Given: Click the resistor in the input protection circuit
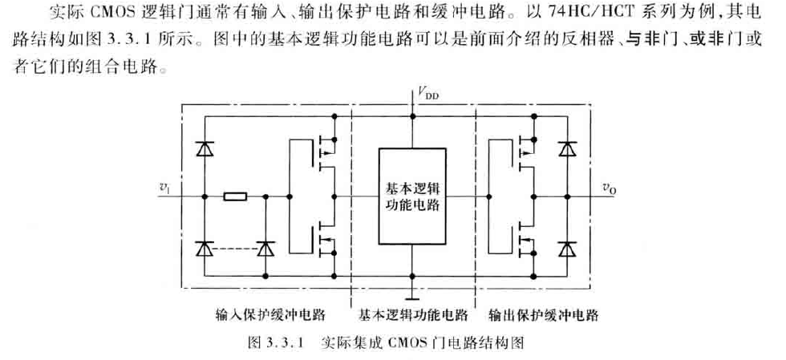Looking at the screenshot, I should point(236,196).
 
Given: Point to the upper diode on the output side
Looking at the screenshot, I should point(569,149).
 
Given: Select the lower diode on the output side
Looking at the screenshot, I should point(569,249).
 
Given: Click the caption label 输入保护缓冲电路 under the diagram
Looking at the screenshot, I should point(261,313).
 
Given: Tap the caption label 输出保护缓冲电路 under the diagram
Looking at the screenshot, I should point(553,313).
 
